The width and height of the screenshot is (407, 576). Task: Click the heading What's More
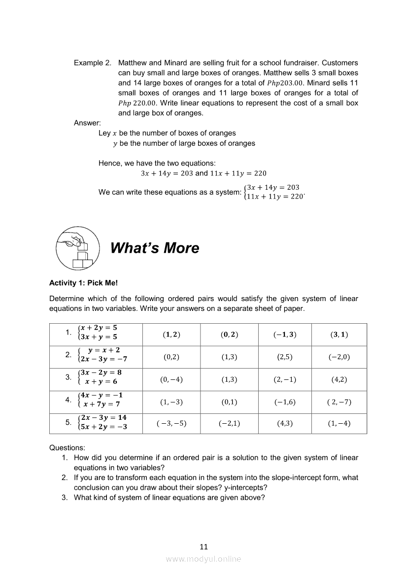[155, 248]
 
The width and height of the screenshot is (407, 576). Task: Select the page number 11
[203, 546]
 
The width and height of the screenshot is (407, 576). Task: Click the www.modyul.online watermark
[203, 559]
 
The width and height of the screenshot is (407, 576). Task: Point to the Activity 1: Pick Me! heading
[83, 283]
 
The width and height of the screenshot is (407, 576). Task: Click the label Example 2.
[92, 63]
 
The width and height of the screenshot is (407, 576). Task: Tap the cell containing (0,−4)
[171, 380]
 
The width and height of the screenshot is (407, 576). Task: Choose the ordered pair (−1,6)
[285, 402]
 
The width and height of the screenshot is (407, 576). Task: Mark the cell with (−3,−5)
[171, 423]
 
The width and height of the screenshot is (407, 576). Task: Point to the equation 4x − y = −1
[102, 395]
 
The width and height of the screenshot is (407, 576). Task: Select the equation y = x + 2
[104, 350]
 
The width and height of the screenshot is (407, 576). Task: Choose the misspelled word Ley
[104, 133]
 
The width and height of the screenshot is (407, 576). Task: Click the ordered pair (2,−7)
[339, 402]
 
